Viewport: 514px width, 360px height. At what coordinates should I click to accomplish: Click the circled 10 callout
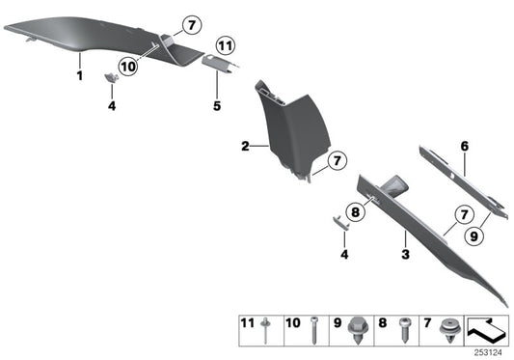128,67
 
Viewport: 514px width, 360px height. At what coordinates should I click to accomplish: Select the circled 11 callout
226,45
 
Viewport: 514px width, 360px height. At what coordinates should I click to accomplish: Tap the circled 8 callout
355,211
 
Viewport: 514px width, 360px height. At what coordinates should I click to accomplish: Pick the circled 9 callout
474,235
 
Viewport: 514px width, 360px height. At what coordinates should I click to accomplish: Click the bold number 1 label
80,76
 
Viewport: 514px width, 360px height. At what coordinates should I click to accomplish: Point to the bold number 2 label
245,146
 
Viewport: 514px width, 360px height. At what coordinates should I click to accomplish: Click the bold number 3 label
405,254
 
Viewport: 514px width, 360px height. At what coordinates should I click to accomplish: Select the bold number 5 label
217,105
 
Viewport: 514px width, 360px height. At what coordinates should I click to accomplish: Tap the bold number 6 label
465,146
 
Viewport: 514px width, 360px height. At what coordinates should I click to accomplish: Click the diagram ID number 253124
488,353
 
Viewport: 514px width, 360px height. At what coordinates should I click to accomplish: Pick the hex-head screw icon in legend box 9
359,330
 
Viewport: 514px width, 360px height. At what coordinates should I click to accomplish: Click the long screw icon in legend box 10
313,330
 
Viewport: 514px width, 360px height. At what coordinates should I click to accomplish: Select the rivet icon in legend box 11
265,330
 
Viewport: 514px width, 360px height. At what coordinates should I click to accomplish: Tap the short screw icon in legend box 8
404,330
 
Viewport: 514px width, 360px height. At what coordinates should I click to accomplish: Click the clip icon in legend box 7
449,330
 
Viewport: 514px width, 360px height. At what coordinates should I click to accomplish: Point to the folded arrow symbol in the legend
487,329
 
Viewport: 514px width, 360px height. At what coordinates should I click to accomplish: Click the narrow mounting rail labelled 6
464,181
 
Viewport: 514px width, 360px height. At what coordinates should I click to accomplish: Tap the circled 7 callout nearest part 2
338,160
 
